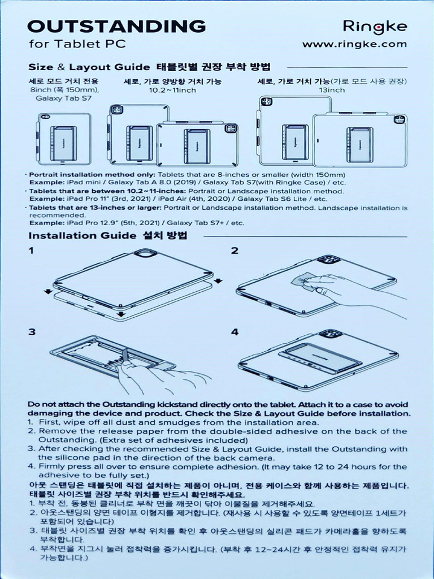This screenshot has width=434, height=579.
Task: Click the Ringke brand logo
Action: (x=376, y=26)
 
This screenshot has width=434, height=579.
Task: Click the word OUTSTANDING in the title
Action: (x=117, y=26)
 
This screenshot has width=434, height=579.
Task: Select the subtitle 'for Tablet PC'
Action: (x=77, y=44)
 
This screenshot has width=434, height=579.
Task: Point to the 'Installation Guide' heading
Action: (x=83, y=235)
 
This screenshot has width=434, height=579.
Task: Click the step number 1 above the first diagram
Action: (x=32, y=250)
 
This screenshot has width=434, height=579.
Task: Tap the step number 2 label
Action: (x=235, y=250)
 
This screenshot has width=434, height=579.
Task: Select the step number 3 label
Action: (x=32, y=332)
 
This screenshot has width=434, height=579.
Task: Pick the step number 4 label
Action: (x=235, y=332)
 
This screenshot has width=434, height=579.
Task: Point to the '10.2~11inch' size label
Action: (x=172, y=90)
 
